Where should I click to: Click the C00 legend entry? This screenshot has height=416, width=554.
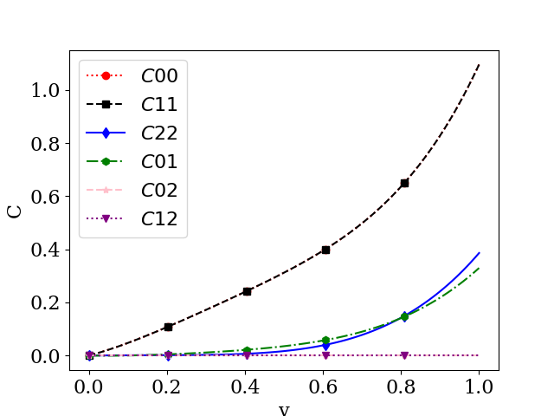tap(159, 76)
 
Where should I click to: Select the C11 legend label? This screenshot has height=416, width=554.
tap(159, 105)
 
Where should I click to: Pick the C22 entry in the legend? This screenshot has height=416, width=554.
tap(159, 133)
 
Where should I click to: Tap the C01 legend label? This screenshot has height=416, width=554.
tap(159, 162)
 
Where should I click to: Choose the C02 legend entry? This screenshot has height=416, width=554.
tap(159, 191)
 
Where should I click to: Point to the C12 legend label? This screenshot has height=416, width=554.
tap(159, 219)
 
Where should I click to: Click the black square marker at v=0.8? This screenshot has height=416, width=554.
tap(404, 183)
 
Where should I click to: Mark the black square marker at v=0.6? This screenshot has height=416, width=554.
tap(325, 250)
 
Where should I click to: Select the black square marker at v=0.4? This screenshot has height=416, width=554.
tap(247, 291)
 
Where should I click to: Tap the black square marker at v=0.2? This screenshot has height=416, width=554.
tap(168, 327)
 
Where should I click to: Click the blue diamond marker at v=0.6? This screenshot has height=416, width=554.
tap(325, 346)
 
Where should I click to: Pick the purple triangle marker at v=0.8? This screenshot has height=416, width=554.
tap(404, 355)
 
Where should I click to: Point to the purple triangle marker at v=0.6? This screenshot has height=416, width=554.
tap(325, 355)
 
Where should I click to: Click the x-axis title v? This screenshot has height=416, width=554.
tap(284, 409)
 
